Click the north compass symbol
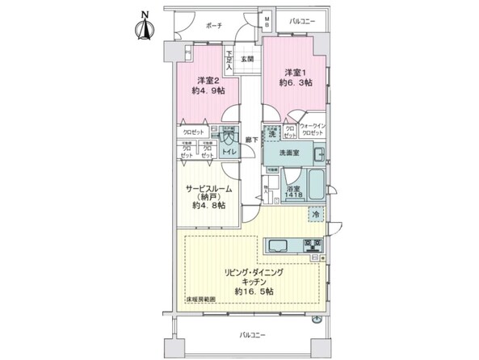tap(145, 27)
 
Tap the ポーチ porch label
tap(213, 25)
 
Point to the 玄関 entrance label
tap(246, 59)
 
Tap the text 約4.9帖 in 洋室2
tap(208, 91)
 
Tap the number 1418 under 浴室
tap(294, 195)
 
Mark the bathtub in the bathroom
tap(316, 186)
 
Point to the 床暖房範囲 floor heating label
tap(202, 299)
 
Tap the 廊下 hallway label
tap(252, 140)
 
